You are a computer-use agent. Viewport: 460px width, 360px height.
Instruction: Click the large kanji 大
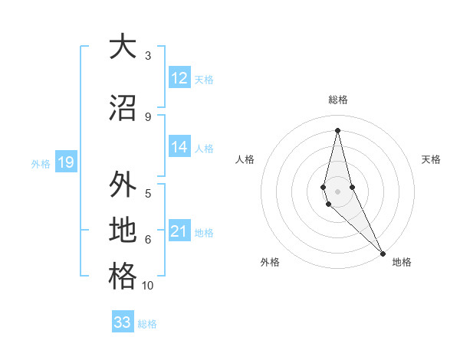pyautogui.click(x=123, y=47)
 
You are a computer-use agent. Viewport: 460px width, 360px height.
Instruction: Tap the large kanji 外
pyautogui.click(x=123, y=185)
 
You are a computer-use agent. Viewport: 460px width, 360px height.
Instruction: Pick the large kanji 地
pyautogui.click(x=123, y=230)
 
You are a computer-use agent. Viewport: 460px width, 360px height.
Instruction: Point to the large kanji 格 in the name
pyautogui.click(x=123, y=276)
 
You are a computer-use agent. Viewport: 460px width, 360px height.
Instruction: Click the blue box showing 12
pyautogui.click(x=179, y=78)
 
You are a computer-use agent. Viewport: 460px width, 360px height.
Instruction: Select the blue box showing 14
pyautogui.click(x=179, y=147)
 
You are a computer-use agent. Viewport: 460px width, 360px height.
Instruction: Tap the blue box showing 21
pyautogui.click(x=179, y=232)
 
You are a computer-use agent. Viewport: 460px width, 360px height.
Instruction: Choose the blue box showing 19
pyautogui.click(x=65, y=162)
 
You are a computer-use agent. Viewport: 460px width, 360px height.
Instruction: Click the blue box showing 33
pyautogui.click(x=123, y=322)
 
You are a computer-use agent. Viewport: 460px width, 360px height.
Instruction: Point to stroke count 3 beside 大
pyautogui.click(x=148, y=56)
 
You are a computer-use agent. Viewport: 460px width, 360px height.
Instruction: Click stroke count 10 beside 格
pyautogui.click(x=148, y=286)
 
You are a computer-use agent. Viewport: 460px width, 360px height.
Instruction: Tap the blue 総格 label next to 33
pyautogui.click(x=148, y=324)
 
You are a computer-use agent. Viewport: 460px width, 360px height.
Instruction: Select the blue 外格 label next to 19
pyautogui.click(x=41, y=163)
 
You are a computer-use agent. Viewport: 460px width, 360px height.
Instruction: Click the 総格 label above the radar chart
pyautogui.click(x=338, y=100)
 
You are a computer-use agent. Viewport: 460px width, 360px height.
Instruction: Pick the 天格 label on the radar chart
pyautogui.click(x=432, y=159)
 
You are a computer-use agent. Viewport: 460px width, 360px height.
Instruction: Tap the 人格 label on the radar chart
pyautogui.click(x=245, y=159)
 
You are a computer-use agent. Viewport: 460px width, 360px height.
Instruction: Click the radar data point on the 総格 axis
pyautogui.click(x=338, y=130)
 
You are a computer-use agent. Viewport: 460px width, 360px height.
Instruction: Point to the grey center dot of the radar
pyautogui.click(x=338, y=191)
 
